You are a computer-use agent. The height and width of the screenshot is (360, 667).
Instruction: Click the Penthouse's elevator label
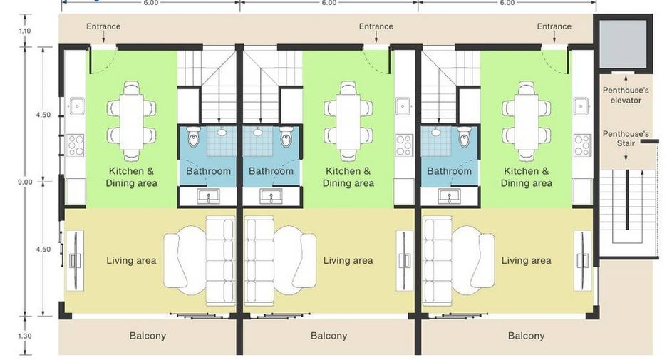point(626,96)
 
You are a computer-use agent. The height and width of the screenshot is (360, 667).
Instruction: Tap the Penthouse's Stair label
point(626,139)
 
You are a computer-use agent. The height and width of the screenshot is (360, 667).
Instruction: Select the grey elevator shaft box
point(623,43)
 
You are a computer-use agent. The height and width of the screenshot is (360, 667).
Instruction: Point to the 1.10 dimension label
point(25,31)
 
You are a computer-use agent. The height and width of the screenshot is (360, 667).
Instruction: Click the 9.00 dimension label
point(25,182)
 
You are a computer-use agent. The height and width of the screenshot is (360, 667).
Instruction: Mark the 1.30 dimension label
point(25,336)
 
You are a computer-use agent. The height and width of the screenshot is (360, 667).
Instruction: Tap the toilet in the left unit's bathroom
point(192,136)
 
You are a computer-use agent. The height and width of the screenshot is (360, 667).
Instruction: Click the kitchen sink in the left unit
point(76,106)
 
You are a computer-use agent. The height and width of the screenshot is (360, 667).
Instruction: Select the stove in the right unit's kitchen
point(582,145)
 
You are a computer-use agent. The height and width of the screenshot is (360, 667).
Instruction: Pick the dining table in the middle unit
point(348,120)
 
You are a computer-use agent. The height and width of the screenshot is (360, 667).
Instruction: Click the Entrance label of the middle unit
point(376,26)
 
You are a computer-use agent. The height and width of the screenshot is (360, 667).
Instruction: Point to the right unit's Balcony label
point(526,336)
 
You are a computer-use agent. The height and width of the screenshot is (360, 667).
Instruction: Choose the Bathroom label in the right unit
point(449,171)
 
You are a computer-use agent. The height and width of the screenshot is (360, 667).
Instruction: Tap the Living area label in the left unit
point(131,260)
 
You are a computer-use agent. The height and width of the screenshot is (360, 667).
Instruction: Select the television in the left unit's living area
point(75,260)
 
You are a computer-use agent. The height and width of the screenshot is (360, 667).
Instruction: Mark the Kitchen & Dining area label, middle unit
point(348,177)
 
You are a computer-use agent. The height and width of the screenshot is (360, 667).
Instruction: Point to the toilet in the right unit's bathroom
point(465,136)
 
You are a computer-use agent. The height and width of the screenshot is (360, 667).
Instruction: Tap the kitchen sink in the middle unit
point(403,106)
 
